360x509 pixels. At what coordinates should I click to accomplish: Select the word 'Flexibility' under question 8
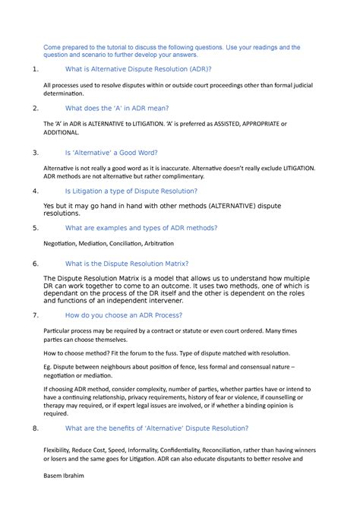point(63,448)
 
